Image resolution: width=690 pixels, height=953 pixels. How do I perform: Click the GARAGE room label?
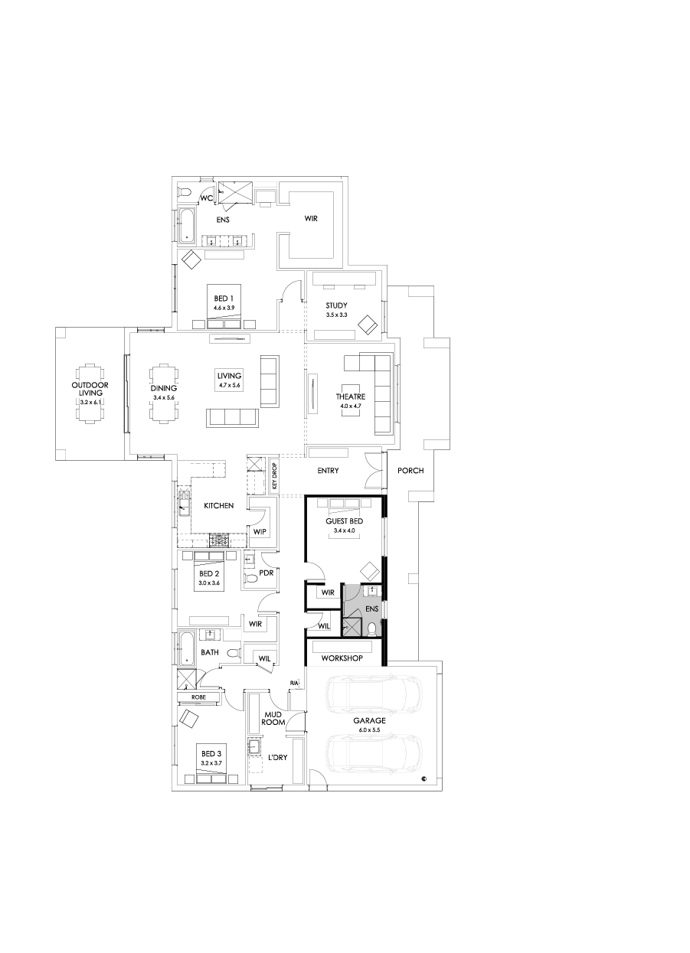369,720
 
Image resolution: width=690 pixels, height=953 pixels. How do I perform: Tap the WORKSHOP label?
341,658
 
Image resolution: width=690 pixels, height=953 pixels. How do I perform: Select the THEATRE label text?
350,397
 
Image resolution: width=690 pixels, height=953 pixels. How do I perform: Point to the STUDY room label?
336,305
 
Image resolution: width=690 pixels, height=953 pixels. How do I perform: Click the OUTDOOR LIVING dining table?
90,391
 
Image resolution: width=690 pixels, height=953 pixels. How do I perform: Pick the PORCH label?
410,471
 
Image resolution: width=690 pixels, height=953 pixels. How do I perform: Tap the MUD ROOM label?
273,717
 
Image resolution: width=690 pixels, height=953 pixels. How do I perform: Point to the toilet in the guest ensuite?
372,629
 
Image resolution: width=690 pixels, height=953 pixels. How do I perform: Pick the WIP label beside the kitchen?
259,531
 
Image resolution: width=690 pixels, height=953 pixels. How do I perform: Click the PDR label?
267,572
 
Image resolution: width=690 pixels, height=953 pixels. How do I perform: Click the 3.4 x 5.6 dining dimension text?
164,398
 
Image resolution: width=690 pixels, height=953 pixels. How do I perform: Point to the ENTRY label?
328,471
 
